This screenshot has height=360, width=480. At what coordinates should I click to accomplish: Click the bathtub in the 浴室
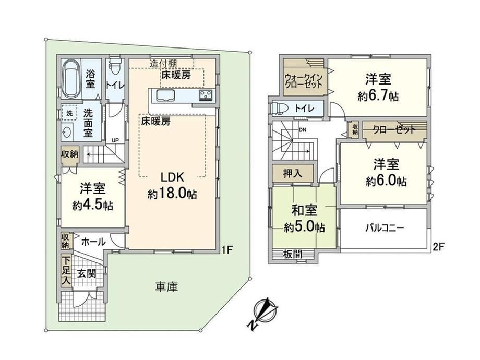coord(71,78)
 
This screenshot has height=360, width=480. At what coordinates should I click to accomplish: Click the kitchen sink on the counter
coord(165,95)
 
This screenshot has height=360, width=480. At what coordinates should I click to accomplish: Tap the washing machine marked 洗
coord(70,113)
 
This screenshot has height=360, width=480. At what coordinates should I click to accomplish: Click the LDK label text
coord(172,177)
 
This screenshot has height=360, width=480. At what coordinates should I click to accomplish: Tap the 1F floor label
coord(227,250)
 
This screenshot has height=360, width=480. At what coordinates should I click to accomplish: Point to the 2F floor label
coord(438,247)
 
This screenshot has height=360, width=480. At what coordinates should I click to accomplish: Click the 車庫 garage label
coord(166,287)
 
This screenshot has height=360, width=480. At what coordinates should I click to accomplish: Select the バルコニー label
coord(385,228)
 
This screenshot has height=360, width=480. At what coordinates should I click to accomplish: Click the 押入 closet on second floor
coord(293,173)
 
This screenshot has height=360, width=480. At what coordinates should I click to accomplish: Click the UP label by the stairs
coord(115,140)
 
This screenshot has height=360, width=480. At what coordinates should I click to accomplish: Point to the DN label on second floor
coord(303,130)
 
